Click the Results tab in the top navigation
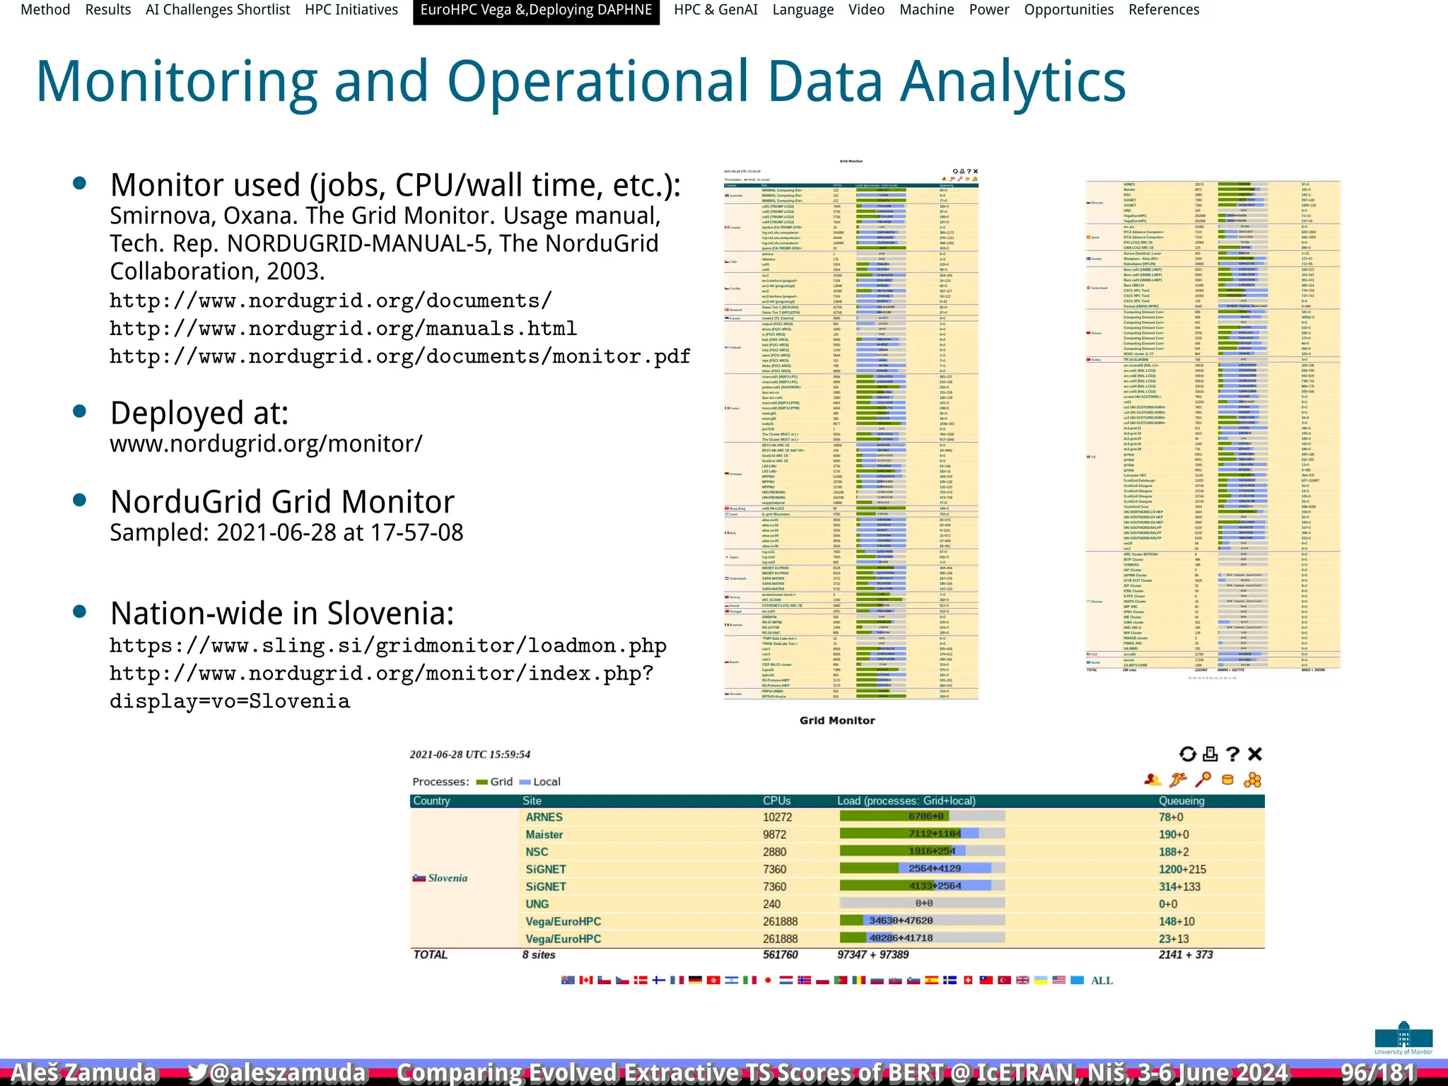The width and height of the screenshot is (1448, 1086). [107, 10]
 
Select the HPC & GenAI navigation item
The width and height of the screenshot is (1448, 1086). [716, 10]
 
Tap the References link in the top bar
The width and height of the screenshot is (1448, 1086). [1163, 10]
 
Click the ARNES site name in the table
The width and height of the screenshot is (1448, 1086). [544, 817]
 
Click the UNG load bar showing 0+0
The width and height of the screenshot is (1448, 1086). [922, 904]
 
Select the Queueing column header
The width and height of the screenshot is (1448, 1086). [1181, 801]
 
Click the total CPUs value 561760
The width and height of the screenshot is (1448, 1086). [780, 955]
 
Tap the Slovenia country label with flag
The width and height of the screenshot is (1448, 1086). [440, 878]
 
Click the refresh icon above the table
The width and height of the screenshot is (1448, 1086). [1188, 754]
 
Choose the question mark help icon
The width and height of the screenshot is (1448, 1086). [1233, 754]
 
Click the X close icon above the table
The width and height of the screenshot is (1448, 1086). [1255, 754]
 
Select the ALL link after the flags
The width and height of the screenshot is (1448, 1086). [1102, 981]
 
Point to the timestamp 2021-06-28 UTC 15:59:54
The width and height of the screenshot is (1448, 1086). [470, 754]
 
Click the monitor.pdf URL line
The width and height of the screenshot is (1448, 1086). [399, 356]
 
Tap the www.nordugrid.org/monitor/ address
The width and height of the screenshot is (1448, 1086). [266, 444]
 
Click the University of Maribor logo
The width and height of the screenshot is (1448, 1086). [1403, 1038]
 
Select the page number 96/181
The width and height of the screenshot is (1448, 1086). [1378, 1073]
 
